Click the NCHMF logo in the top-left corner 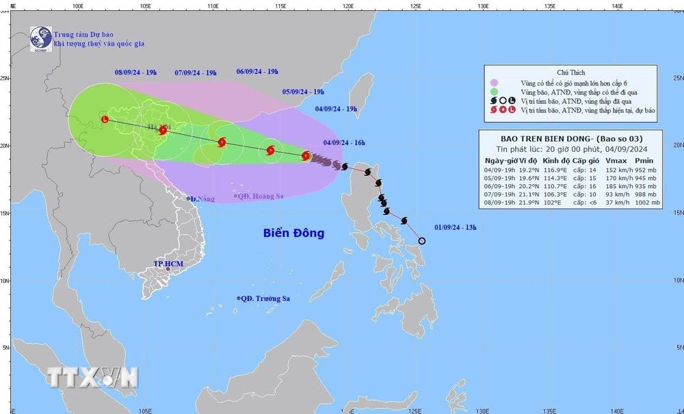(x=40, y=38)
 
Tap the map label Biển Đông (x=293, y=233)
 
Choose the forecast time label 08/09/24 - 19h (x=136, y=72)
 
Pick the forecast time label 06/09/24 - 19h (x=257, y=71)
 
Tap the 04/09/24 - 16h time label (x=344, y=143)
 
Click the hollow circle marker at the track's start (x=422, y=241)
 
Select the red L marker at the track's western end (x=105, y=119)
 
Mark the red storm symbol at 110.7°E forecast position (x=221, y=142)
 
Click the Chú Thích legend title (x=571, y=73)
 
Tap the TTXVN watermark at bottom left (x=92, y=376)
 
